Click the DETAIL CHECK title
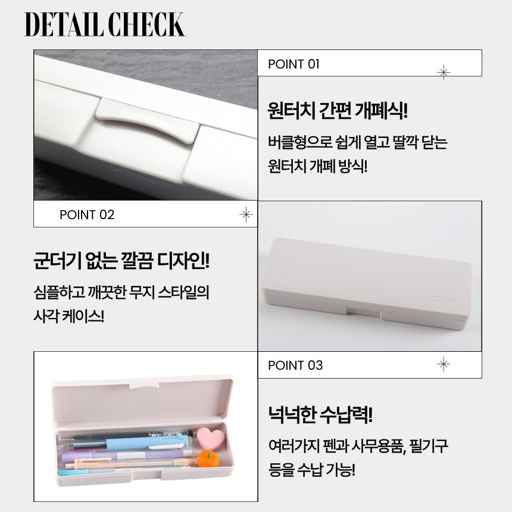[x=105, y=24]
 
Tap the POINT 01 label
[x=294, y=64]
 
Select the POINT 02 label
[x=87, y=214]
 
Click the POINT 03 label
[x=295, y=365]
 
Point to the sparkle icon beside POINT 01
[x=444, y=72]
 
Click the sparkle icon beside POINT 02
[x=246, y=214]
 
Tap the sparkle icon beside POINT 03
[x=444, y=364]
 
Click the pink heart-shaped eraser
[x=211, y=438]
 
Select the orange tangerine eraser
[x=207, y=458]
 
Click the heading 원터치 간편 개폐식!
[x=338, y=110]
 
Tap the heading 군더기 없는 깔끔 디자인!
[x=121, y=261]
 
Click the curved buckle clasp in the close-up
[x=147, y=121]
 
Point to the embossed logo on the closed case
[x=444, y=299]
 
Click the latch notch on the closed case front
[x=364, y=312]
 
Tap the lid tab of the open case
[x=144, y=383]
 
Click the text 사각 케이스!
[x=69, y=316]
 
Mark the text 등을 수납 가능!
[x=311, y=470]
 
